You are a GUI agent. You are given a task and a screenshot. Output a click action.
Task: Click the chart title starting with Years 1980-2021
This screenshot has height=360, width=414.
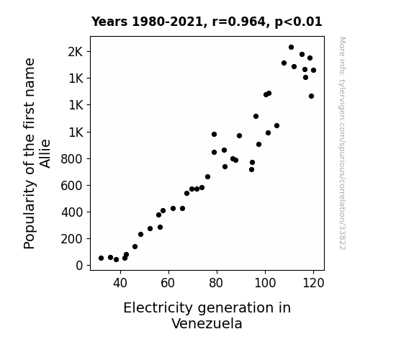point(207,22)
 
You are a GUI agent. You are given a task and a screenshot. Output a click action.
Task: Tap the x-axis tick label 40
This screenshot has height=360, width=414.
point(120,283)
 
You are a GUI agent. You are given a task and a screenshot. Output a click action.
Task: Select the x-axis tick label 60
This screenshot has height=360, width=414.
point(168,283)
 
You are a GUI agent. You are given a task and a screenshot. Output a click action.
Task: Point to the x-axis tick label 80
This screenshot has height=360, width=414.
point(217,283)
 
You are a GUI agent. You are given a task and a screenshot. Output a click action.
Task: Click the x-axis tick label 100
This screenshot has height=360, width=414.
point(265,283)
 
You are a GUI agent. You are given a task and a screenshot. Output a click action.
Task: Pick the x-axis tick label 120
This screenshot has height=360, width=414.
point(313,283)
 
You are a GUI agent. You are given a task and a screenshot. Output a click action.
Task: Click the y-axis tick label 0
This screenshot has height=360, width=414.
point(79,266)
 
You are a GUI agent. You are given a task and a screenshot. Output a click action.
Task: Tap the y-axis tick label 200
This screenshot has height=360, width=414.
point(72,239)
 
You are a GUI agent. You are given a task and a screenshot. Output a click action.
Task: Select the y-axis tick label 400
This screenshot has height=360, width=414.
point(72,212)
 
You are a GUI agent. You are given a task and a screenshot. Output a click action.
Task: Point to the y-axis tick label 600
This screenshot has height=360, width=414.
point(72,186)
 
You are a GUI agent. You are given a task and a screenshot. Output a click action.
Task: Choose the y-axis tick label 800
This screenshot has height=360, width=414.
point(72,159)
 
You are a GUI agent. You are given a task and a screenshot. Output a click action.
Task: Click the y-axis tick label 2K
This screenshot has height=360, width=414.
point(76,52)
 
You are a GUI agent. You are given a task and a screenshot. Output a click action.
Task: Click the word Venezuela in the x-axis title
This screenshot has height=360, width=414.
point(207,323)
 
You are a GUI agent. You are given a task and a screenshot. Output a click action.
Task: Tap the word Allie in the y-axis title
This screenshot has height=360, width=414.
point(45,153)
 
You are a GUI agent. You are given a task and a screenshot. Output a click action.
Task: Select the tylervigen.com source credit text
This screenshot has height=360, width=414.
point(342,143)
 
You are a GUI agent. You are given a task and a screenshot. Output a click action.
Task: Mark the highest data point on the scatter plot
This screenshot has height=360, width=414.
point(291,48)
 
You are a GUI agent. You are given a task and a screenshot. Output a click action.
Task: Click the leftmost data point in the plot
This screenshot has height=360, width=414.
point(101,258)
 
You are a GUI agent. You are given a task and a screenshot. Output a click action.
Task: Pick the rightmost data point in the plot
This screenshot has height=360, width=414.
point(313,71)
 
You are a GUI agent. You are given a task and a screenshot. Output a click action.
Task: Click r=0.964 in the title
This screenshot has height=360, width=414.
point(239,22)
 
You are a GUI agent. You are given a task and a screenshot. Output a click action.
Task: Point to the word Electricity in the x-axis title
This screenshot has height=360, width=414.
point(158,308)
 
